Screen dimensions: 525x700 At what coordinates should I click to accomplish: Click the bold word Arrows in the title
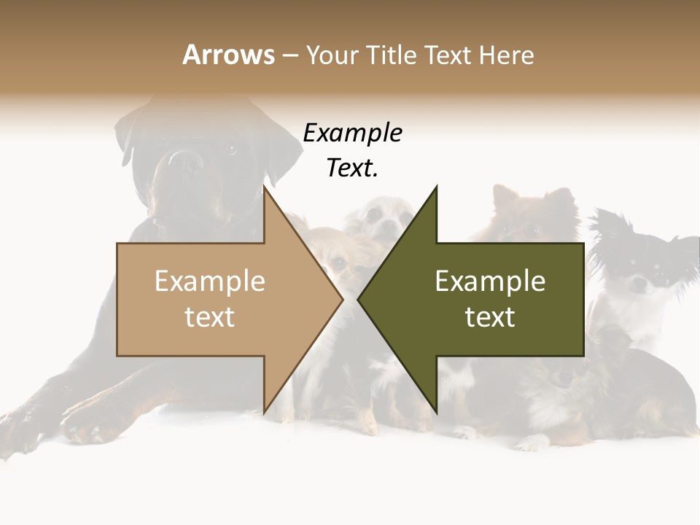point(228,55)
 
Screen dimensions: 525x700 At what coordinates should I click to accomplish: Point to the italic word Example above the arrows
point(352,133)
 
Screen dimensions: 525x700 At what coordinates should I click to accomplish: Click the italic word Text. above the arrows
point(352,168)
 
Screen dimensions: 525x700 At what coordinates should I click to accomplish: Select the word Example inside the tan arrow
point(209,281)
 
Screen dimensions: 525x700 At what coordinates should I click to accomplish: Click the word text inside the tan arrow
point(209,317)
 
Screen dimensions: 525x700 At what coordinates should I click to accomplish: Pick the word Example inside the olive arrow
point(490,281)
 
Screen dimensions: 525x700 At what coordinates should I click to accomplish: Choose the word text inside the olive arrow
point(490,317)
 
